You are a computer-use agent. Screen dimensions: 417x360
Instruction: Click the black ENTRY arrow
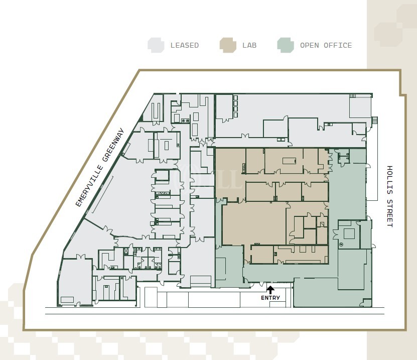(270, 290)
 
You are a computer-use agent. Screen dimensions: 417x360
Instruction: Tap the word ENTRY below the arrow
(270, 298)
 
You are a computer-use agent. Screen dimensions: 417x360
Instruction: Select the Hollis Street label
(389, 196)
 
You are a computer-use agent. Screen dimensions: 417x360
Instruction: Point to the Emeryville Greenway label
(100, 167)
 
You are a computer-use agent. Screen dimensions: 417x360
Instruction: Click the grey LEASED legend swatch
(156, 45)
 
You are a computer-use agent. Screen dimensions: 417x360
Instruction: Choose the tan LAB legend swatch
(228, 45)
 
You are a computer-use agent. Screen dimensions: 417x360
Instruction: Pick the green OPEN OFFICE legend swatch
(286, 45)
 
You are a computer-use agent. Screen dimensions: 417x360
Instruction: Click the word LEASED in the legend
(185, 45)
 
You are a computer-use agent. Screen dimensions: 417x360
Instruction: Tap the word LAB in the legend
(249, 45)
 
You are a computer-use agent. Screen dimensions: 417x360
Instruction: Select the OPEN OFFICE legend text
(326, 45)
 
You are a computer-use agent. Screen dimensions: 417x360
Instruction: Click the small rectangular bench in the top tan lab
(290, 161)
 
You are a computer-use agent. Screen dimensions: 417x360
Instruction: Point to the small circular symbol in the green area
(341, 244)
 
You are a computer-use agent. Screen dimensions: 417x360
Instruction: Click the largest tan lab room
(254, 223)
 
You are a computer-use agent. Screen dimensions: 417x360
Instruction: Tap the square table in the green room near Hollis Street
(349, 234)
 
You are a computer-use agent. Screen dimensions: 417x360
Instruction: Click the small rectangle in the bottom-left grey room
(67, 300)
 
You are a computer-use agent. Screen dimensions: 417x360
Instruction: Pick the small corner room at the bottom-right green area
(366, 303)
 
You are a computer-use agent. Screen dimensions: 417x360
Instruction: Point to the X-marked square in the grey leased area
(126, 251)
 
